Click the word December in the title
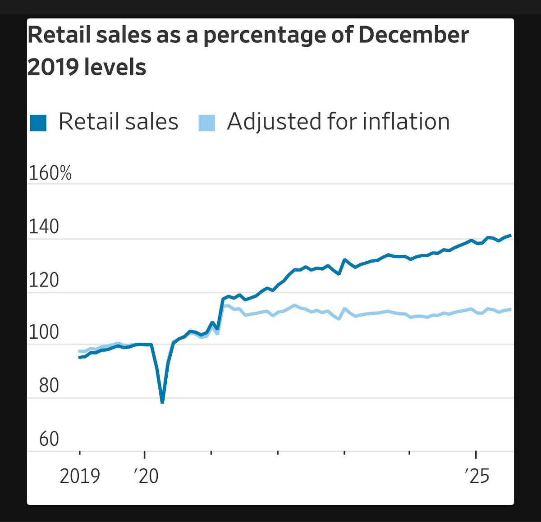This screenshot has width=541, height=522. tap(413, 36)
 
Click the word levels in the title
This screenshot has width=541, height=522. tap(119, 68)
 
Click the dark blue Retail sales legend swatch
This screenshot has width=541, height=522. tap(38, 123)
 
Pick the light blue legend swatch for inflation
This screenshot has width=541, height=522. tap(206, 123)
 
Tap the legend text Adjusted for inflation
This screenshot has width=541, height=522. tap(338, 122)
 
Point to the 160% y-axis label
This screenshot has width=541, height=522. tap(50, 173)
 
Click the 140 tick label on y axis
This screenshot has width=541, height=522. tap(44, 227)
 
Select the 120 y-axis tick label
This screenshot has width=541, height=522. tap(44, 280)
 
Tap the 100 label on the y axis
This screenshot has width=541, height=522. tap(44, 332)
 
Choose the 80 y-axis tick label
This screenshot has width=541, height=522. tap(49, 386)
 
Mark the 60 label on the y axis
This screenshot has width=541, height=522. tap(49, 439)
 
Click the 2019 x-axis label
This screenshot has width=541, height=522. tap(80, 476)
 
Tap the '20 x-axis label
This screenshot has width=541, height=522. tap(146, 476)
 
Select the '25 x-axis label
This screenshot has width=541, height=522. tap(477, 476)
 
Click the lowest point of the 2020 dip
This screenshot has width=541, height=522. tap(162, 402)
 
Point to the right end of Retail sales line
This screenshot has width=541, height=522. tap(510, 235)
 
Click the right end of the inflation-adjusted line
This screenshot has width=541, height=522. tap(510, 309)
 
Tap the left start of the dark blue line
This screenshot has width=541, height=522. tap(79, 357)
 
